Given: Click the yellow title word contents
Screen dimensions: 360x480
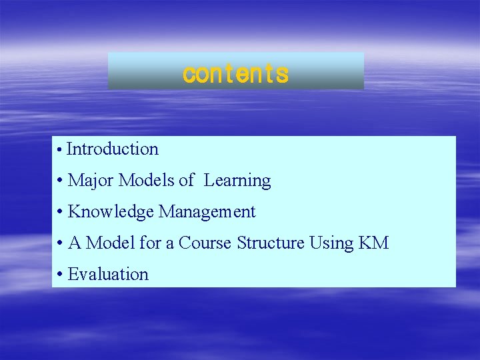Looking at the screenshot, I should [x=235, y=73].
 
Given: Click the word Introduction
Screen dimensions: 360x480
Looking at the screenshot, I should [x=113, y=149].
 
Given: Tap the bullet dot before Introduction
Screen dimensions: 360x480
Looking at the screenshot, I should [x=60, y=151].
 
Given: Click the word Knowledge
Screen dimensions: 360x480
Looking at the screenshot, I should [x=111, y=212].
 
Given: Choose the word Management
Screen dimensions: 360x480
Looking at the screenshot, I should [x=207, y=212].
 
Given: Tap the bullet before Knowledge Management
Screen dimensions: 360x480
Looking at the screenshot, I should [x=60, y=213].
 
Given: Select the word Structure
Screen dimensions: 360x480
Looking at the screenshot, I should [x=271, y=243].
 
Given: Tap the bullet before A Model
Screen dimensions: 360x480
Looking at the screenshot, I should [x=60, y=244].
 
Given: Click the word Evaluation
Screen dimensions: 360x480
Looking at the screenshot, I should [x=108, y=274].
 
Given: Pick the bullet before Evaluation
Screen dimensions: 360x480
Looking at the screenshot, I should [x=60, y=275].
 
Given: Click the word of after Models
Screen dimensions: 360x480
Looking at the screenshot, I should [x=187, y=181].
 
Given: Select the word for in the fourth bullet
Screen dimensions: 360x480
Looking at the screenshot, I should [x=150, y=243].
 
